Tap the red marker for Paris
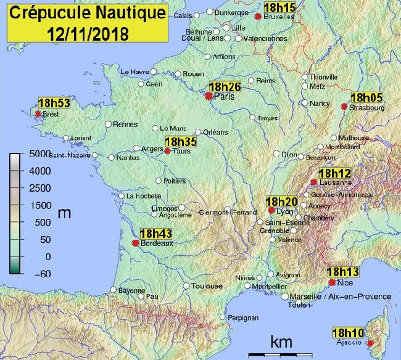(209, 96)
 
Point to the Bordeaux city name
(156, 243)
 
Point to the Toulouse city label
(207, 286)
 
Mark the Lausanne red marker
(314, 182)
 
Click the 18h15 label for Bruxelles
(279, 7)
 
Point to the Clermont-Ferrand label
(227, 213)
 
